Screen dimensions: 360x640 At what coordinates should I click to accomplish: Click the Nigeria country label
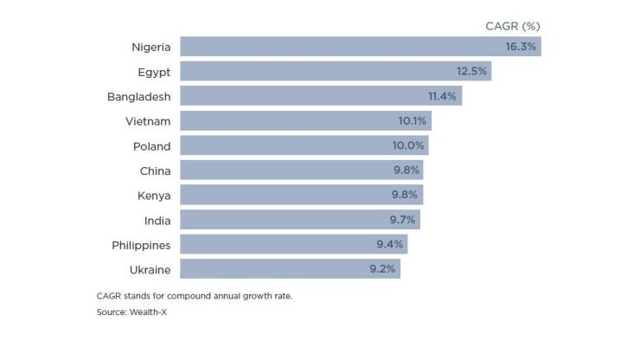coord(151,47)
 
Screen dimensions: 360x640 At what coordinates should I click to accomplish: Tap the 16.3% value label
coord(521,47)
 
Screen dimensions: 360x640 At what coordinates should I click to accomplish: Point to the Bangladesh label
coord(139,96)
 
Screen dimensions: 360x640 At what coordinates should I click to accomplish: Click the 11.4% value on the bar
coord(442,96)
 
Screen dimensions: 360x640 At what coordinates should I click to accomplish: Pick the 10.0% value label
coord(409,145)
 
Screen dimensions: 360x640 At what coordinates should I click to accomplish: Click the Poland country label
coord(152,145)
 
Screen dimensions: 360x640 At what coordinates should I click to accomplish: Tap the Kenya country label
coord(154,195)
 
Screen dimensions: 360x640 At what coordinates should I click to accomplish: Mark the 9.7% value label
coord(401,220)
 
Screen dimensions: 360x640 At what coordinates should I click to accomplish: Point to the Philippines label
coord(142,244)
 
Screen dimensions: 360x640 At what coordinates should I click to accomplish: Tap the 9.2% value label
coord(382,268)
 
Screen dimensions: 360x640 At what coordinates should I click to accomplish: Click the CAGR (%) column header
coord(512,27)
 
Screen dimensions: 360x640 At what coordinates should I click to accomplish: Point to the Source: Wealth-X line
coord(131,312)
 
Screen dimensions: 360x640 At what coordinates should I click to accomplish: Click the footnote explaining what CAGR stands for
coord(195,296)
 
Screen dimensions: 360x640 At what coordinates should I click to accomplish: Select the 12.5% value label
coord(472,71)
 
